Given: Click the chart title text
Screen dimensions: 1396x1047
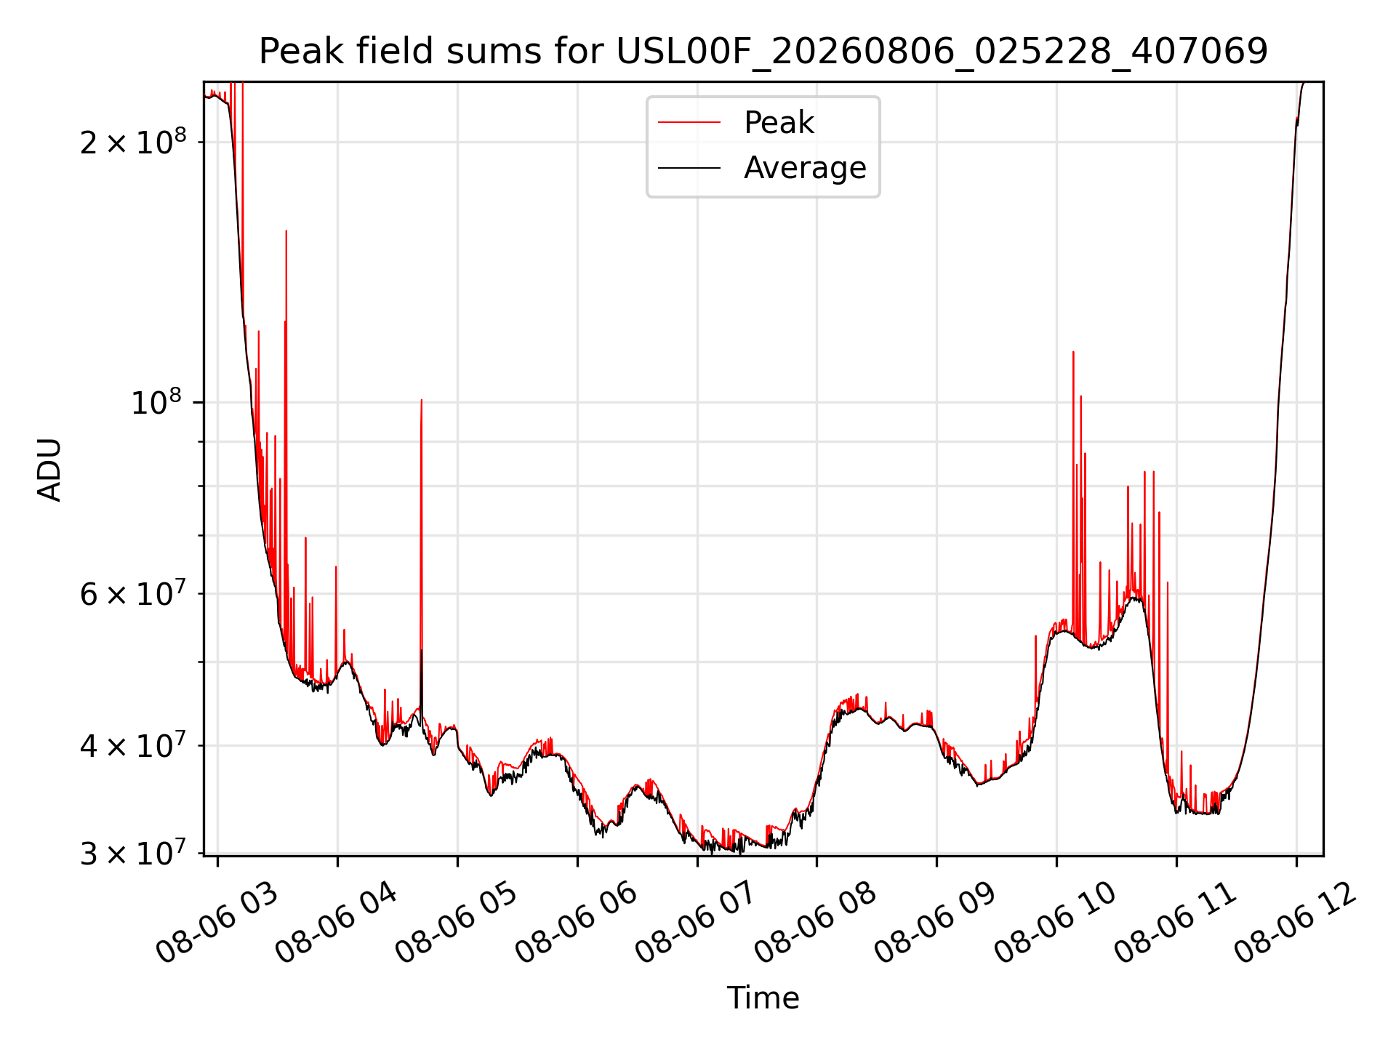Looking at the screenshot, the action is coord(763,51).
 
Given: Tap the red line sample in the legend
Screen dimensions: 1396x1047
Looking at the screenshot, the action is coord(689,123).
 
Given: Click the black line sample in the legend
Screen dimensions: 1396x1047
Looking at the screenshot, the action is coord(689,168).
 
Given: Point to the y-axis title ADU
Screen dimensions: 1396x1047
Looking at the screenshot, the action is coord(49,470).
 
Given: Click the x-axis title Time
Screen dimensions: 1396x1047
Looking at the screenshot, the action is coord(763,998).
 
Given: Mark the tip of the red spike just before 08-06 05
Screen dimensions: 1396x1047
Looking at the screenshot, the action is coord(422,399).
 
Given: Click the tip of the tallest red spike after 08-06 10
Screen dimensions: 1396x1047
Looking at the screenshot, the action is coord(1073,352).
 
